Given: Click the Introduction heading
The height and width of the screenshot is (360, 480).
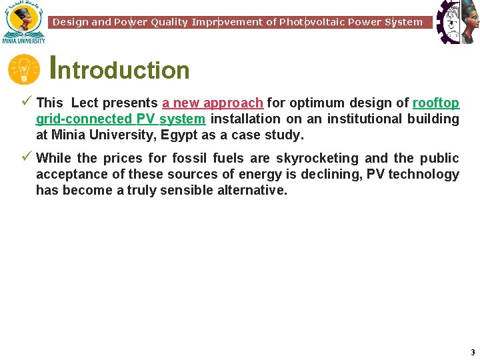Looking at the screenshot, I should point(121,69).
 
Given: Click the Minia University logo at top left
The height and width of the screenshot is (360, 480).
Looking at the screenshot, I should point(23,21).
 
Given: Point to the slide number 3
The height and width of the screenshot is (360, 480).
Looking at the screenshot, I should point(472,352).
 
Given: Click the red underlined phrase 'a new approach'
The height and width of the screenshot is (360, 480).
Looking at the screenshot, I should point(213,103).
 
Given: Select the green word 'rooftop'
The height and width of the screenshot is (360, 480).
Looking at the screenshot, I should point(436,103).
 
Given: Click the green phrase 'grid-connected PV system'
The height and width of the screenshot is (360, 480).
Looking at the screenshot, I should point(121,119).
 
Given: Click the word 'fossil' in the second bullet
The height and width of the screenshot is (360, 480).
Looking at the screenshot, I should point(190,158).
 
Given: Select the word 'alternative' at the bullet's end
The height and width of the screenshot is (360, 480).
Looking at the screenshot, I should point(251,190).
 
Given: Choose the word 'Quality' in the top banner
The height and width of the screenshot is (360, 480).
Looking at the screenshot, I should point(169,22).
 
